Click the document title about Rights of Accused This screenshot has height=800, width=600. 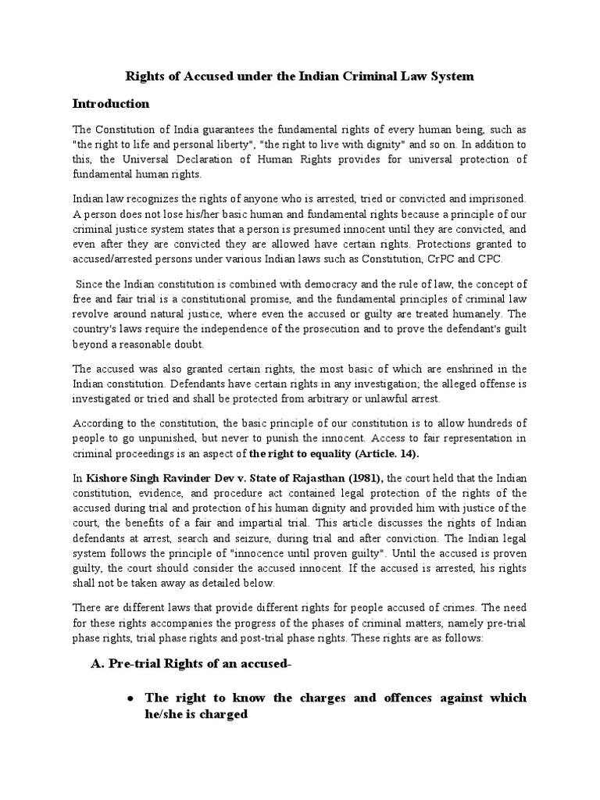300,77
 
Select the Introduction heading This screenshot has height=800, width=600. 121,103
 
